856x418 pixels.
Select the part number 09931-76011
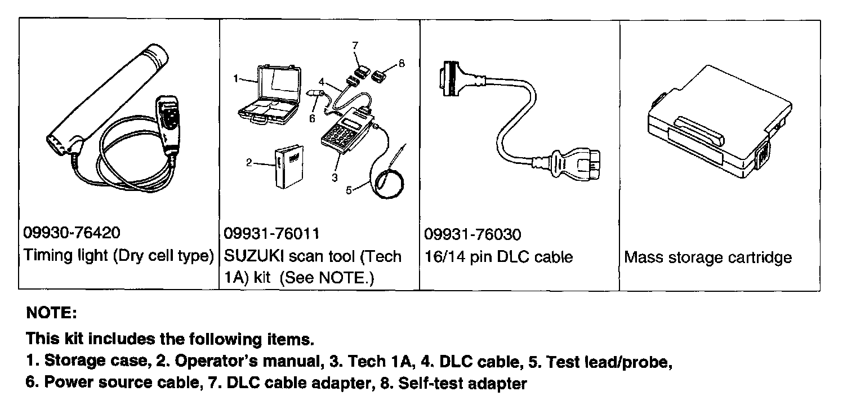point(272,233)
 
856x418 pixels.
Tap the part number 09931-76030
point(472,234)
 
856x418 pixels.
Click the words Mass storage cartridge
point(708,257)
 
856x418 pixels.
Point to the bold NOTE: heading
point(51,313)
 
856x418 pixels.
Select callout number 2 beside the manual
point(248,163)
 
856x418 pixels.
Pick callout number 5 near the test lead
point(349,190)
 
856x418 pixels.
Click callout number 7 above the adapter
point(355,46)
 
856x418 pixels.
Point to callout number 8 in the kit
point(402,64)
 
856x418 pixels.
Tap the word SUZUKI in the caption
point(253,257)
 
